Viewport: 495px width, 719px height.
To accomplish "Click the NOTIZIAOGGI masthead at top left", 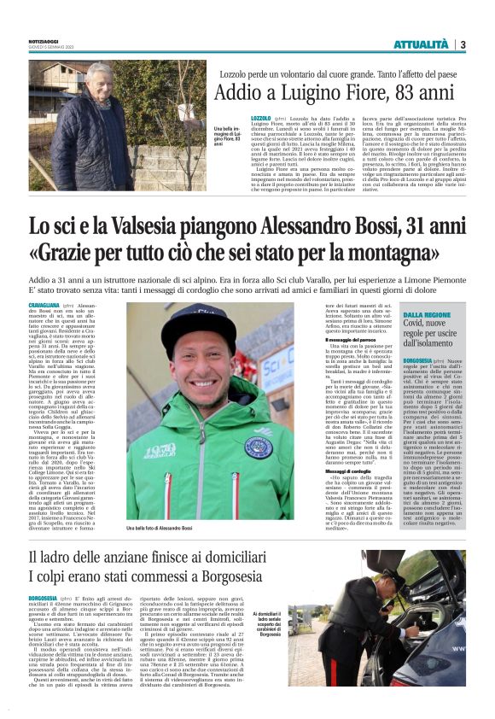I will [47, 39].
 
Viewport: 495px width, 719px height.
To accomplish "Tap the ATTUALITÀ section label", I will [423, 44].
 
